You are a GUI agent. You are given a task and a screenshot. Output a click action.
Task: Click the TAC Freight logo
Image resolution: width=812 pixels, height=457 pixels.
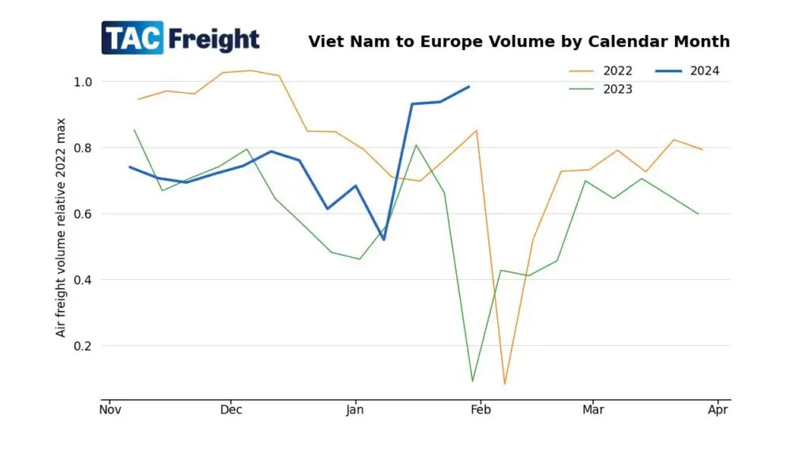[180, 38]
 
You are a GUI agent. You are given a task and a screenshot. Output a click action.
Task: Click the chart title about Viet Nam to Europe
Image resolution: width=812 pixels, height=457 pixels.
[519, 41]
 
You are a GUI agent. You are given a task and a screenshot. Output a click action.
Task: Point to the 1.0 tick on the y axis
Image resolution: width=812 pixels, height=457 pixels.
[82, 82]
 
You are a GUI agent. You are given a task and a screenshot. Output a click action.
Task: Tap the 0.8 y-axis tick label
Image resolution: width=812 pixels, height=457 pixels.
[82, 148]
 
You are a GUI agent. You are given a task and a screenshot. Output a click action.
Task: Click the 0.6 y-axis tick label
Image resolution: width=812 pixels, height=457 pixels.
[82, 213]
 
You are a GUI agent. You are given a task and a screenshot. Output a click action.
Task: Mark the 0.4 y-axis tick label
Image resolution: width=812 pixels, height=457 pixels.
[82, 280]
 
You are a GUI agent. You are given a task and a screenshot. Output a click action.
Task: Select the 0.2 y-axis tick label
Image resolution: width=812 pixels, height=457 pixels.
[82, 346]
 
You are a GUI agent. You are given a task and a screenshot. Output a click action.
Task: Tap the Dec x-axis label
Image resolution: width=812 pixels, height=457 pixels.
[231, 410]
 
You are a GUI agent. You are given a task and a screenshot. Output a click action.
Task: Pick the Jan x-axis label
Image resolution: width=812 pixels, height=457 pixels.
[354, 410]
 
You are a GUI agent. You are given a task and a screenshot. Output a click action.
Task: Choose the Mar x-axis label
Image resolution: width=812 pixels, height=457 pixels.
[592, 410]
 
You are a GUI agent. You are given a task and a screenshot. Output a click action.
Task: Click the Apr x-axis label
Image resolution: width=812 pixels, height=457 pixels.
[718, 410]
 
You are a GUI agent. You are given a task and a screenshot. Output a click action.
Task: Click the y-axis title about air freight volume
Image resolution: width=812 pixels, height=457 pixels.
[61, 227]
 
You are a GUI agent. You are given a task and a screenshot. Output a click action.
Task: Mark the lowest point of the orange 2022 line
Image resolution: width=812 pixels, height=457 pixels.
[504, 384]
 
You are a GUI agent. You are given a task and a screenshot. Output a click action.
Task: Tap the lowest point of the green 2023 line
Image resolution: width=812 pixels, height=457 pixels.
[473, 382]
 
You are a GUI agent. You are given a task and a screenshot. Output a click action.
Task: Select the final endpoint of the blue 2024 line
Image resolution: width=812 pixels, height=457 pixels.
[469, 86]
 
